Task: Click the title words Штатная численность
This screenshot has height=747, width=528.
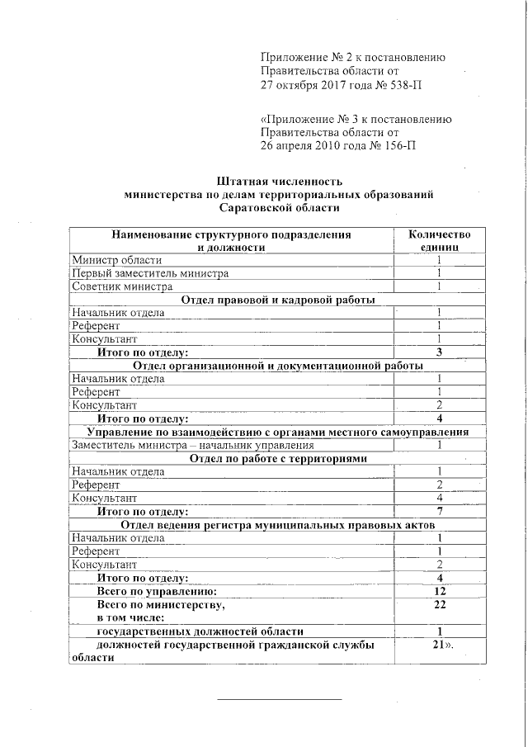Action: (x=278, y=181)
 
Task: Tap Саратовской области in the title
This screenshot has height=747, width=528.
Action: (x=278, y=209)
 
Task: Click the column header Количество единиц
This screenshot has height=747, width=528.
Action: (x=440, y=240)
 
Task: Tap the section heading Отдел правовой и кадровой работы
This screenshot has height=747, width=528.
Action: (x=278, y=300)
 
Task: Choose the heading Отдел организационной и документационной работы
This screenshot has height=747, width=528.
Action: (x=278, y=365)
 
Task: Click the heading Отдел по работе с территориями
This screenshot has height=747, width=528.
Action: (x=278, y=459)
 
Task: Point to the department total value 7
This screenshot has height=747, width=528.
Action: (x=440, y=512)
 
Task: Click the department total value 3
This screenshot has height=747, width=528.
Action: (x=440, y=352)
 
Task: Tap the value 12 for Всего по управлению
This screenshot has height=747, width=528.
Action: (x=440, y=592)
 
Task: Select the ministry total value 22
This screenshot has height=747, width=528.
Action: (x=440, y=605)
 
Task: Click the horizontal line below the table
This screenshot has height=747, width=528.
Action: (x=279, y=700)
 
